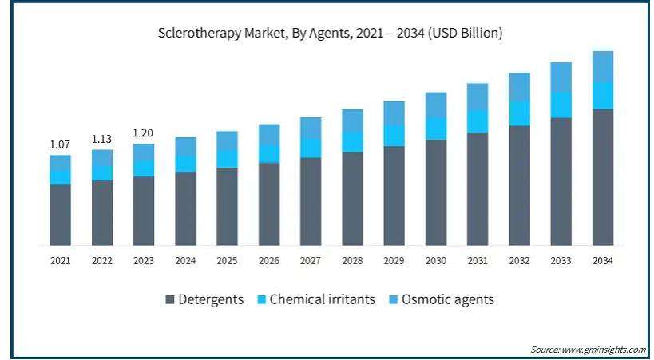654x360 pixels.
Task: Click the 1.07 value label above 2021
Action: (x=60, y=144)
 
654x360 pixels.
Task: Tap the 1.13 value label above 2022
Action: (x=101, y=139)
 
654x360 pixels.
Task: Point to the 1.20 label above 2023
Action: (x=144, y=133)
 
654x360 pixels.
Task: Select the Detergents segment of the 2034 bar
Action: (x=603, y=177)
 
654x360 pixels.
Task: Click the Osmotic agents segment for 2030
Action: (x=436, y=105)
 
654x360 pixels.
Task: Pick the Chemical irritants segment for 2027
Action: (x=311, y=148)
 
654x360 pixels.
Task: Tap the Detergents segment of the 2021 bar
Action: (x=60, y=215)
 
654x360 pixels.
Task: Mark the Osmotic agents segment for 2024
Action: (x=185, y=147)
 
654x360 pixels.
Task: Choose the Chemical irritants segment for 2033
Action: (x=561, y=105)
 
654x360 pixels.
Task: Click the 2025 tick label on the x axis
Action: (x=227, y=261)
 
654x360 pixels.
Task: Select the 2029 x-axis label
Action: (x=394, y=261)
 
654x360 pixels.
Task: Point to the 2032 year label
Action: (x=519, y=261)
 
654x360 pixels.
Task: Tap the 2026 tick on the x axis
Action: (x=269, y=261)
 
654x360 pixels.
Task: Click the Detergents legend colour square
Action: (x=170, y=299)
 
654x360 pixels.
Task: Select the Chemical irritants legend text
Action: (x=323, y=299)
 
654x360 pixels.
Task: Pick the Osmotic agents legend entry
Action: (x=442, y=299)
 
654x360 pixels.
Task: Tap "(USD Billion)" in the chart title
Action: (x=466, y=33)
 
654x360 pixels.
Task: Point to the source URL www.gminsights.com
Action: (x=604, y=349)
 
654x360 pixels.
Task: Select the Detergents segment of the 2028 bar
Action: (x=352, y=199)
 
